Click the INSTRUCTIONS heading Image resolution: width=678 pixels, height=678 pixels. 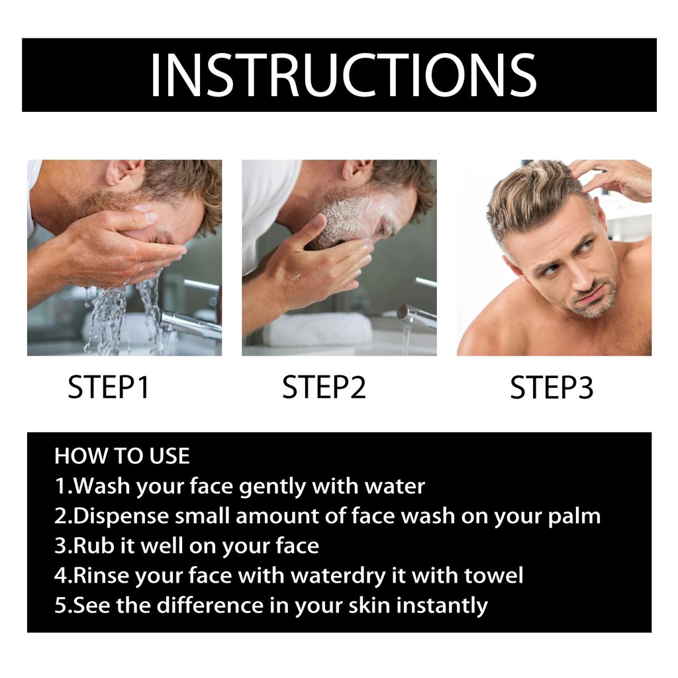[x=344, y=75]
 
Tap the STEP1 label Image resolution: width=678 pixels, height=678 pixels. [x=109, y=387]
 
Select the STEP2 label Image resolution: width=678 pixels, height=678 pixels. [x=324, y=387]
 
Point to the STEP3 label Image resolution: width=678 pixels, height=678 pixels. [x=552, y=387]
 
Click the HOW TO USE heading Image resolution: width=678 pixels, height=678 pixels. [x=122, y=456]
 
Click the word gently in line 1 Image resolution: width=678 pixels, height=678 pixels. [x=272, y=487]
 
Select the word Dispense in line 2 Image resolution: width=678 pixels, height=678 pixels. [x=121, y=516]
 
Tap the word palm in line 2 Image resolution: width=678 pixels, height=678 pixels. [x=574, y=516]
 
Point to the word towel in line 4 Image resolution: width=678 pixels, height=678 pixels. [x=493, y=575]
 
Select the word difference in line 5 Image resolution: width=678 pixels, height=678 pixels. [x=210, y=605]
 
